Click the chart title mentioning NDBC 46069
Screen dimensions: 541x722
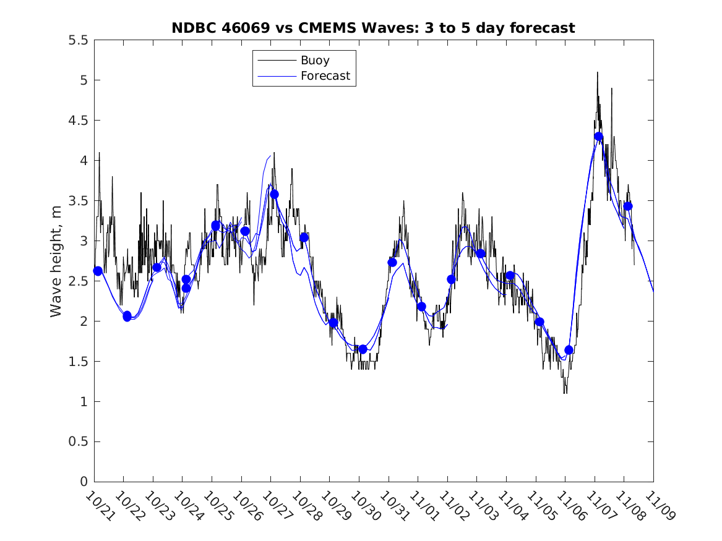(373, 28)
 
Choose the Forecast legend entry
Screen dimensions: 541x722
(325, 76)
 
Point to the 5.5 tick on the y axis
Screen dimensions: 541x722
(78, 40)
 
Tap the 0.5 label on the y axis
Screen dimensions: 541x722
(78, 442)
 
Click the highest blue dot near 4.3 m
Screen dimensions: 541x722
(598, 137)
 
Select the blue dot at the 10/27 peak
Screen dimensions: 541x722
(274, 194)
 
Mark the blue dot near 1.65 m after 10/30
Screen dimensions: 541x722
(363, 349)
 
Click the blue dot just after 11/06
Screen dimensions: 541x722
(569, 350)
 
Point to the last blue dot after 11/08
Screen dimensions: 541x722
(628, 206)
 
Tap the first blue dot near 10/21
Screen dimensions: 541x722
(98, 271)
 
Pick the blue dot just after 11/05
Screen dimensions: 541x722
(539, 322)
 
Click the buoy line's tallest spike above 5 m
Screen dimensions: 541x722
(597, 72)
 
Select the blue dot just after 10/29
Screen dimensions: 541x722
(333, 323)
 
